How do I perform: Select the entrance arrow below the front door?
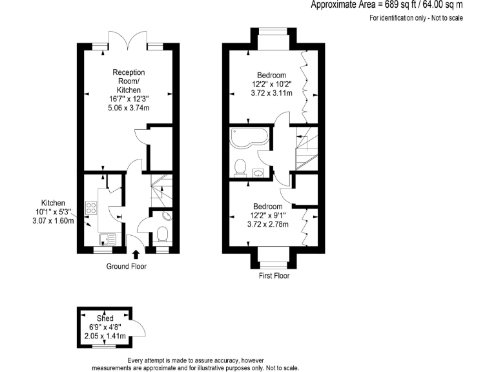(x=135, y=254)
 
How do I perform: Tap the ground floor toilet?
(x=163, y=233)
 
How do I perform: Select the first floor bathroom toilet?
(x=240, y=167)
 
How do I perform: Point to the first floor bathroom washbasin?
(x=258, y=172)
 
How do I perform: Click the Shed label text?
(x=105, y=318)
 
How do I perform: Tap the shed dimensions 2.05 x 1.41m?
(x=105, y=336)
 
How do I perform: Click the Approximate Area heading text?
(x=387, y=5)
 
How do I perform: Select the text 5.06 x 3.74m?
(x=128, y=108)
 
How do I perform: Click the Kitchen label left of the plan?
(x=54, y=202)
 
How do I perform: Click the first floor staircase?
(x=307, y=148)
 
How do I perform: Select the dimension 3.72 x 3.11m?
(x=272, y=93)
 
